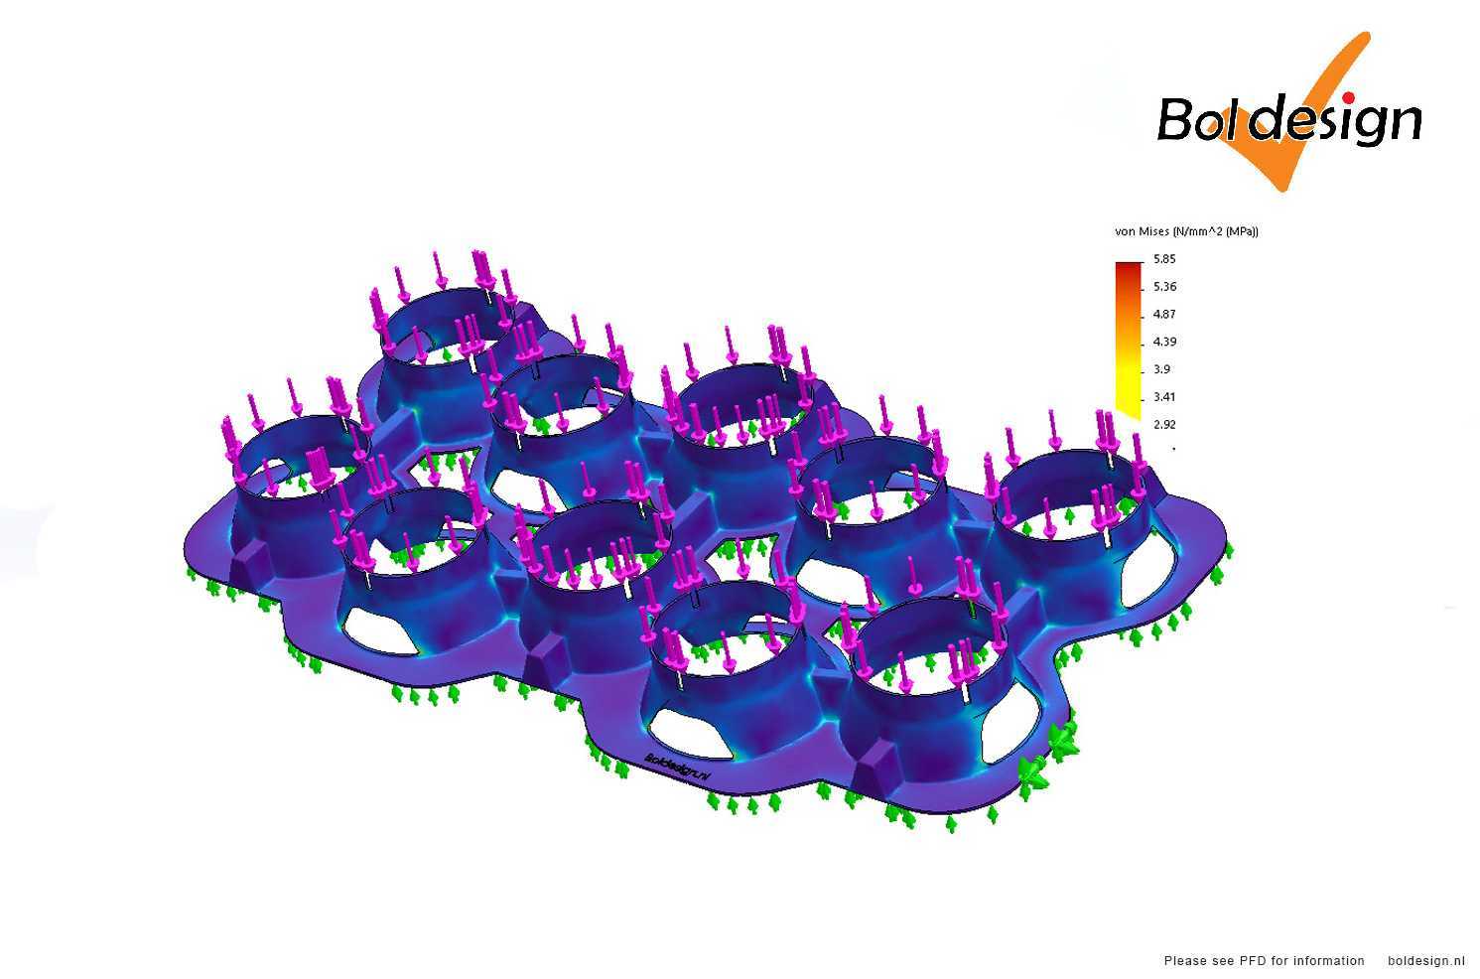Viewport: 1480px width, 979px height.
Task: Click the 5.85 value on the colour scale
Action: (1164, 259)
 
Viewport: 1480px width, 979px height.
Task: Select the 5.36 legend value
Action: (1164, 287)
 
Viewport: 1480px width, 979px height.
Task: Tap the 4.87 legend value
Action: (1164, 314)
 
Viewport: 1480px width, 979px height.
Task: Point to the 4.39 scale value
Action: (1164, 342)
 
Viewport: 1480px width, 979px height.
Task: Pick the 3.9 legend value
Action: (1161, 369)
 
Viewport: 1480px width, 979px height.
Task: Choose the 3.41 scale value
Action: (1164, 397)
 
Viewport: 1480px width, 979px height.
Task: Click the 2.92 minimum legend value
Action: (1164, 424)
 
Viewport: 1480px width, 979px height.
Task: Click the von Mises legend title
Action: (1186, 231)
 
